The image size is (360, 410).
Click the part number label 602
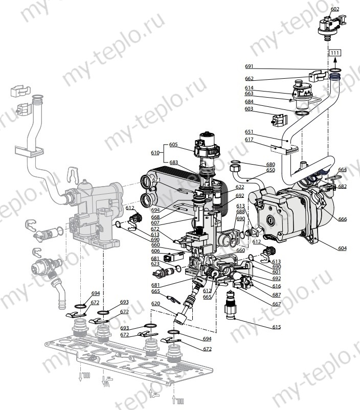click(334, 9)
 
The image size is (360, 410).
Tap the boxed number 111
click(334, 53)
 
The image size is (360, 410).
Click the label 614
click(249, 88)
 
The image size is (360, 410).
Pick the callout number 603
click(249, 108)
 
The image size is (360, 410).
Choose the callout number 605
click(173, 145)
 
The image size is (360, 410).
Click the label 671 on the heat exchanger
click(156, 180)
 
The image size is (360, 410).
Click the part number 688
click(240, 212)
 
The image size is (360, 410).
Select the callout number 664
click(342, 169)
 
